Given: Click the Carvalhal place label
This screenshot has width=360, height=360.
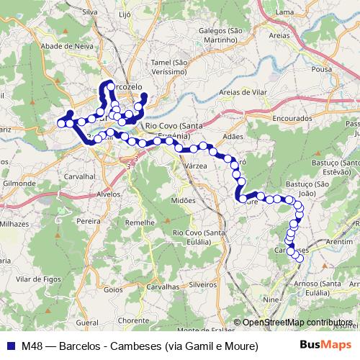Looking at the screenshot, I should point(80,175).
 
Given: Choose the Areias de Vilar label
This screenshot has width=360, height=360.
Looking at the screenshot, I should point(247,92).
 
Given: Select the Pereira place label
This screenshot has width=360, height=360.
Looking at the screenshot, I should point(89,222).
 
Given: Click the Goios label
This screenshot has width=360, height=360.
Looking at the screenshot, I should point(114,289).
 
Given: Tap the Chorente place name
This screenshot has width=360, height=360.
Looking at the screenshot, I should point(133,320).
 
